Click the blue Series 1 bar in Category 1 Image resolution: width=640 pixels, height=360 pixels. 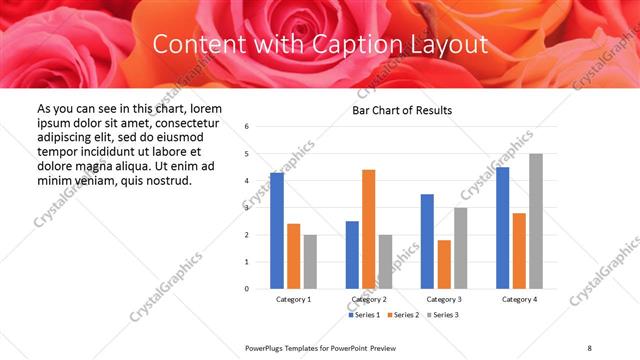click(277, 231)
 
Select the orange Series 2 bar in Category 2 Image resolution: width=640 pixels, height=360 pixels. click(368, 229)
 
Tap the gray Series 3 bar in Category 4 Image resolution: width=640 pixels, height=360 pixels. click(536, 221)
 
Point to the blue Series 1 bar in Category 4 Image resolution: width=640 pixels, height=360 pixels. click(502, 228)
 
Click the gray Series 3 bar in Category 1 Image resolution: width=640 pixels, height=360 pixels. click(310, 262)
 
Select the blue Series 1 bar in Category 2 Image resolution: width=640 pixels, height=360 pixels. click(352, 255)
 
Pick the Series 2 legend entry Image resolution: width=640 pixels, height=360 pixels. click(403, 315)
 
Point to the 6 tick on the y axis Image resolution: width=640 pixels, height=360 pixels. click(246, 127)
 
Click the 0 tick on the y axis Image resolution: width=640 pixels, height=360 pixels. click(246, 289)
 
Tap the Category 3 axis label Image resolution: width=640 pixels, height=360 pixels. click(444, 300)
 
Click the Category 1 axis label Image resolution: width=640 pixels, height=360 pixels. click(293, 300)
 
